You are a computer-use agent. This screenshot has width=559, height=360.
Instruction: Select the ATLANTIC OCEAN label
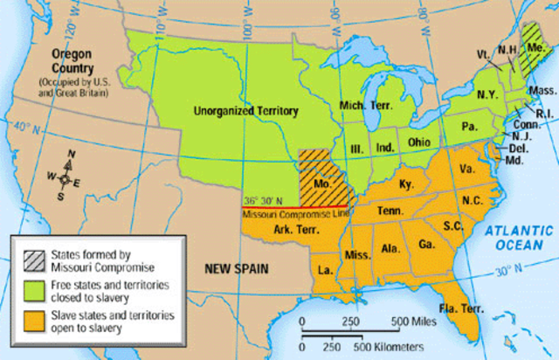[515, 238]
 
